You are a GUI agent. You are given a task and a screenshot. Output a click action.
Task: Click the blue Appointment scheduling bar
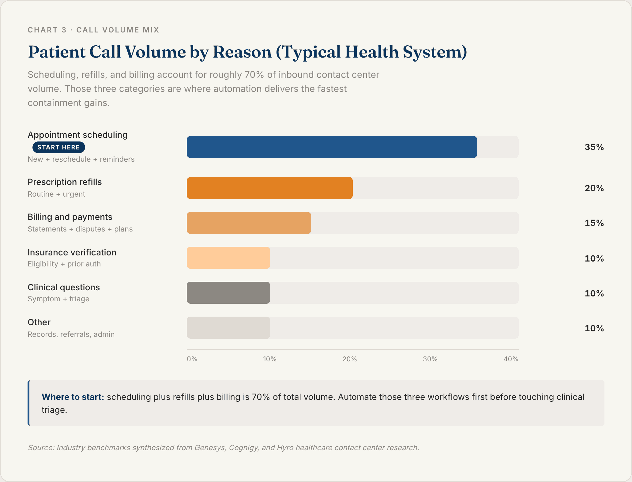[332, 147]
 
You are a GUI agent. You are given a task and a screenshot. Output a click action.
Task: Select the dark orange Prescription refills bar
[269, 188]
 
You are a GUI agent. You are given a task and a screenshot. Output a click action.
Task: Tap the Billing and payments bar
[249, 223]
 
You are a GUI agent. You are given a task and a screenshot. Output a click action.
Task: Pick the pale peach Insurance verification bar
[228, 258]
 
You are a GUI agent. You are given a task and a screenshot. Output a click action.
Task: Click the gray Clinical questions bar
[228, 293]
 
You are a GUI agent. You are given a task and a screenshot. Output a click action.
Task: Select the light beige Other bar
[228, 328]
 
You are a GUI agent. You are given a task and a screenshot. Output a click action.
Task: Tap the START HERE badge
[58, 147]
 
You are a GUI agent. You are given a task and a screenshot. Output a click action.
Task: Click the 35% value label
[594, 147]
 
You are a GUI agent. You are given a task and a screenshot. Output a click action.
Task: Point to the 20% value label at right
[594, 188]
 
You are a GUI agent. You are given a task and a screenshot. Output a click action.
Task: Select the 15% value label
[594, 223]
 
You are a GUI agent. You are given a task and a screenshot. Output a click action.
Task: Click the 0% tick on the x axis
[192, 359]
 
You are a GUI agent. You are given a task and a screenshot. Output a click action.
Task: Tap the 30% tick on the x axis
[430, 359]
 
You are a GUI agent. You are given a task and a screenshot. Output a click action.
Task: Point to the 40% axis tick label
[510, 359]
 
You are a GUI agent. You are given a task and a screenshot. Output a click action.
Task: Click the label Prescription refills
[65, 182]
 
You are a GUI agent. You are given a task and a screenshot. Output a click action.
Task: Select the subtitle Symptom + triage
[58, 299]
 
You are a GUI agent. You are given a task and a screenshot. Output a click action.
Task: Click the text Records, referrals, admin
[71, 334]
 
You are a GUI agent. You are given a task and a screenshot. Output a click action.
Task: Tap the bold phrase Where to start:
[73, 397]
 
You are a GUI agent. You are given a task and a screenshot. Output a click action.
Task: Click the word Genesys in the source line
[210, 447]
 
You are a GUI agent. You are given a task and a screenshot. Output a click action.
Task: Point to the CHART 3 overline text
[47, 30]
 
